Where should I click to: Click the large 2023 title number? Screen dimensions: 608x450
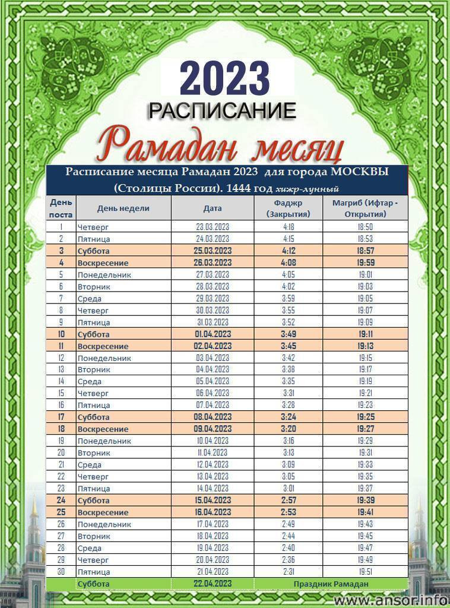[x=224, y=79]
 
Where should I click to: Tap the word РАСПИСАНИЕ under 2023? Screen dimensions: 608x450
[x=222, y=110]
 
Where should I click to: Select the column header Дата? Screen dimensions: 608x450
[x=213, y=208]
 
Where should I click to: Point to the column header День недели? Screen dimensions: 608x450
[x=123, y=208]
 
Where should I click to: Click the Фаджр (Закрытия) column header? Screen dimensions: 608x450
[x=289, y=208]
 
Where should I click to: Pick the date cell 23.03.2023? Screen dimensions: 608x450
[x=213, y=227]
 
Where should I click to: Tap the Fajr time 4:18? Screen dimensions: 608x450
[x=289, y=227]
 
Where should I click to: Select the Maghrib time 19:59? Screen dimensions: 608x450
[x=365, y=262]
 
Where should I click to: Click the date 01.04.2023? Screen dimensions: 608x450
[x=213, y=334]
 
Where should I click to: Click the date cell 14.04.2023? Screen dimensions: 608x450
[x=213, y=489]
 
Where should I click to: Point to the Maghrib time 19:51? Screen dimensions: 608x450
[x=365, y=572]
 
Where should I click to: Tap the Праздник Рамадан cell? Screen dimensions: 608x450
[x=331, y=584]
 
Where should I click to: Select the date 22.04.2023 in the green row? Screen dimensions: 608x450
[x=213, y=584]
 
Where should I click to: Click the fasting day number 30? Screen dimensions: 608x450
[x=61, y=572]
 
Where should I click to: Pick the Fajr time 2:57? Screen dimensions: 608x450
[x=289, y=501]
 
